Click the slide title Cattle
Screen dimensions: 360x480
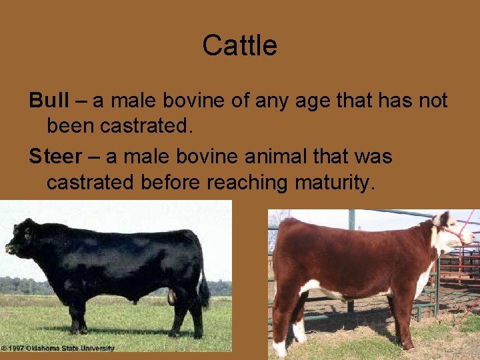[239, 46]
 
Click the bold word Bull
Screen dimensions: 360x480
[49, 101]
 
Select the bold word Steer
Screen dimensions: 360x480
[54, 157]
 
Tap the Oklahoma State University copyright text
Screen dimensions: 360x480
[58, 348]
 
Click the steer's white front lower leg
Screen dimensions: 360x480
[299, 330]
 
